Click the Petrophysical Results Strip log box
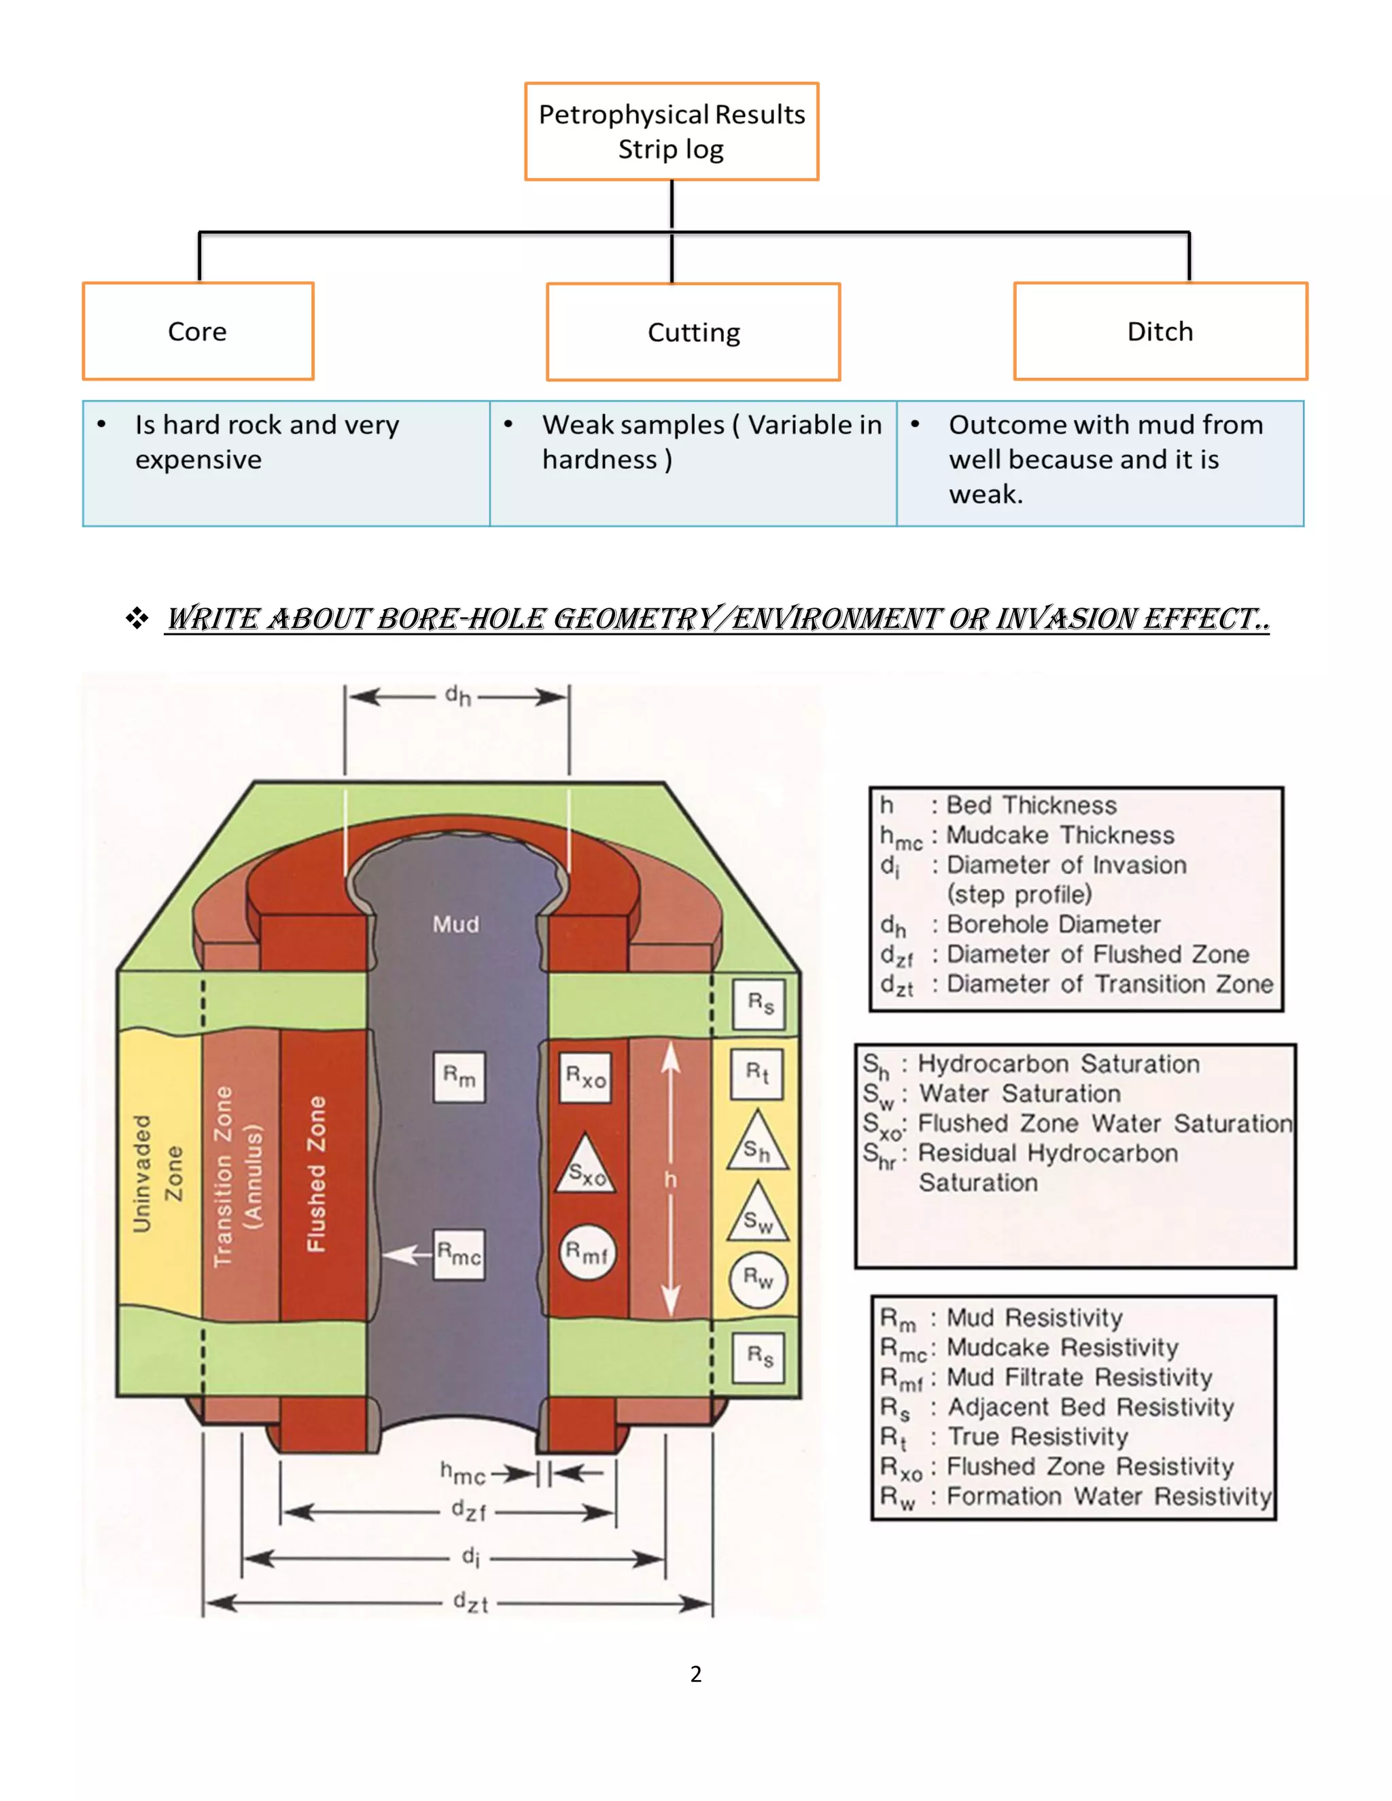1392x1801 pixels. pos(672,131)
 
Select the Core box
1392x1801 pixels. pos(198,332)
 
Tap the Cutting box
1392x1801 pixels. pos(693,332)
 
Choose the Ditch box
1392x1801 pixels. pos(1160,332)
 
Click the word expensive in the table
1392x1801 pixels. pos(198,459)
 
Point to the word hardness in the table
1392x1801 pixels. pos(599,459)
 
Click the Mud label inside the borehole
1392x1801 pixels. pos(456,924)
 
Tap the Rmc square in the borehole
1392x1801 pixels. pos(459,1255)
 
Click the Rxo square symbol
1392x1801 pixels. pos(585,1077)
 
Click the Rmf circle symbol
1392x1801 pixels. pos(587,1253)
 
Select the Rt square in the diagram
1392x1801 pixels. pos(757,1073)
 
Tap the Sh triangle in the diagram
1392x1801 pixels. pos(758,1147)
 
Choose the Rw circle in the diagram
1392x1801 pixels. pos(758,1280)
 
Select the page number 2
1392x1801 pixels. pos(696,1673)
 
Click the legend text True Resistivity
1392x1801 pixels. pos(1037,1437)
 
